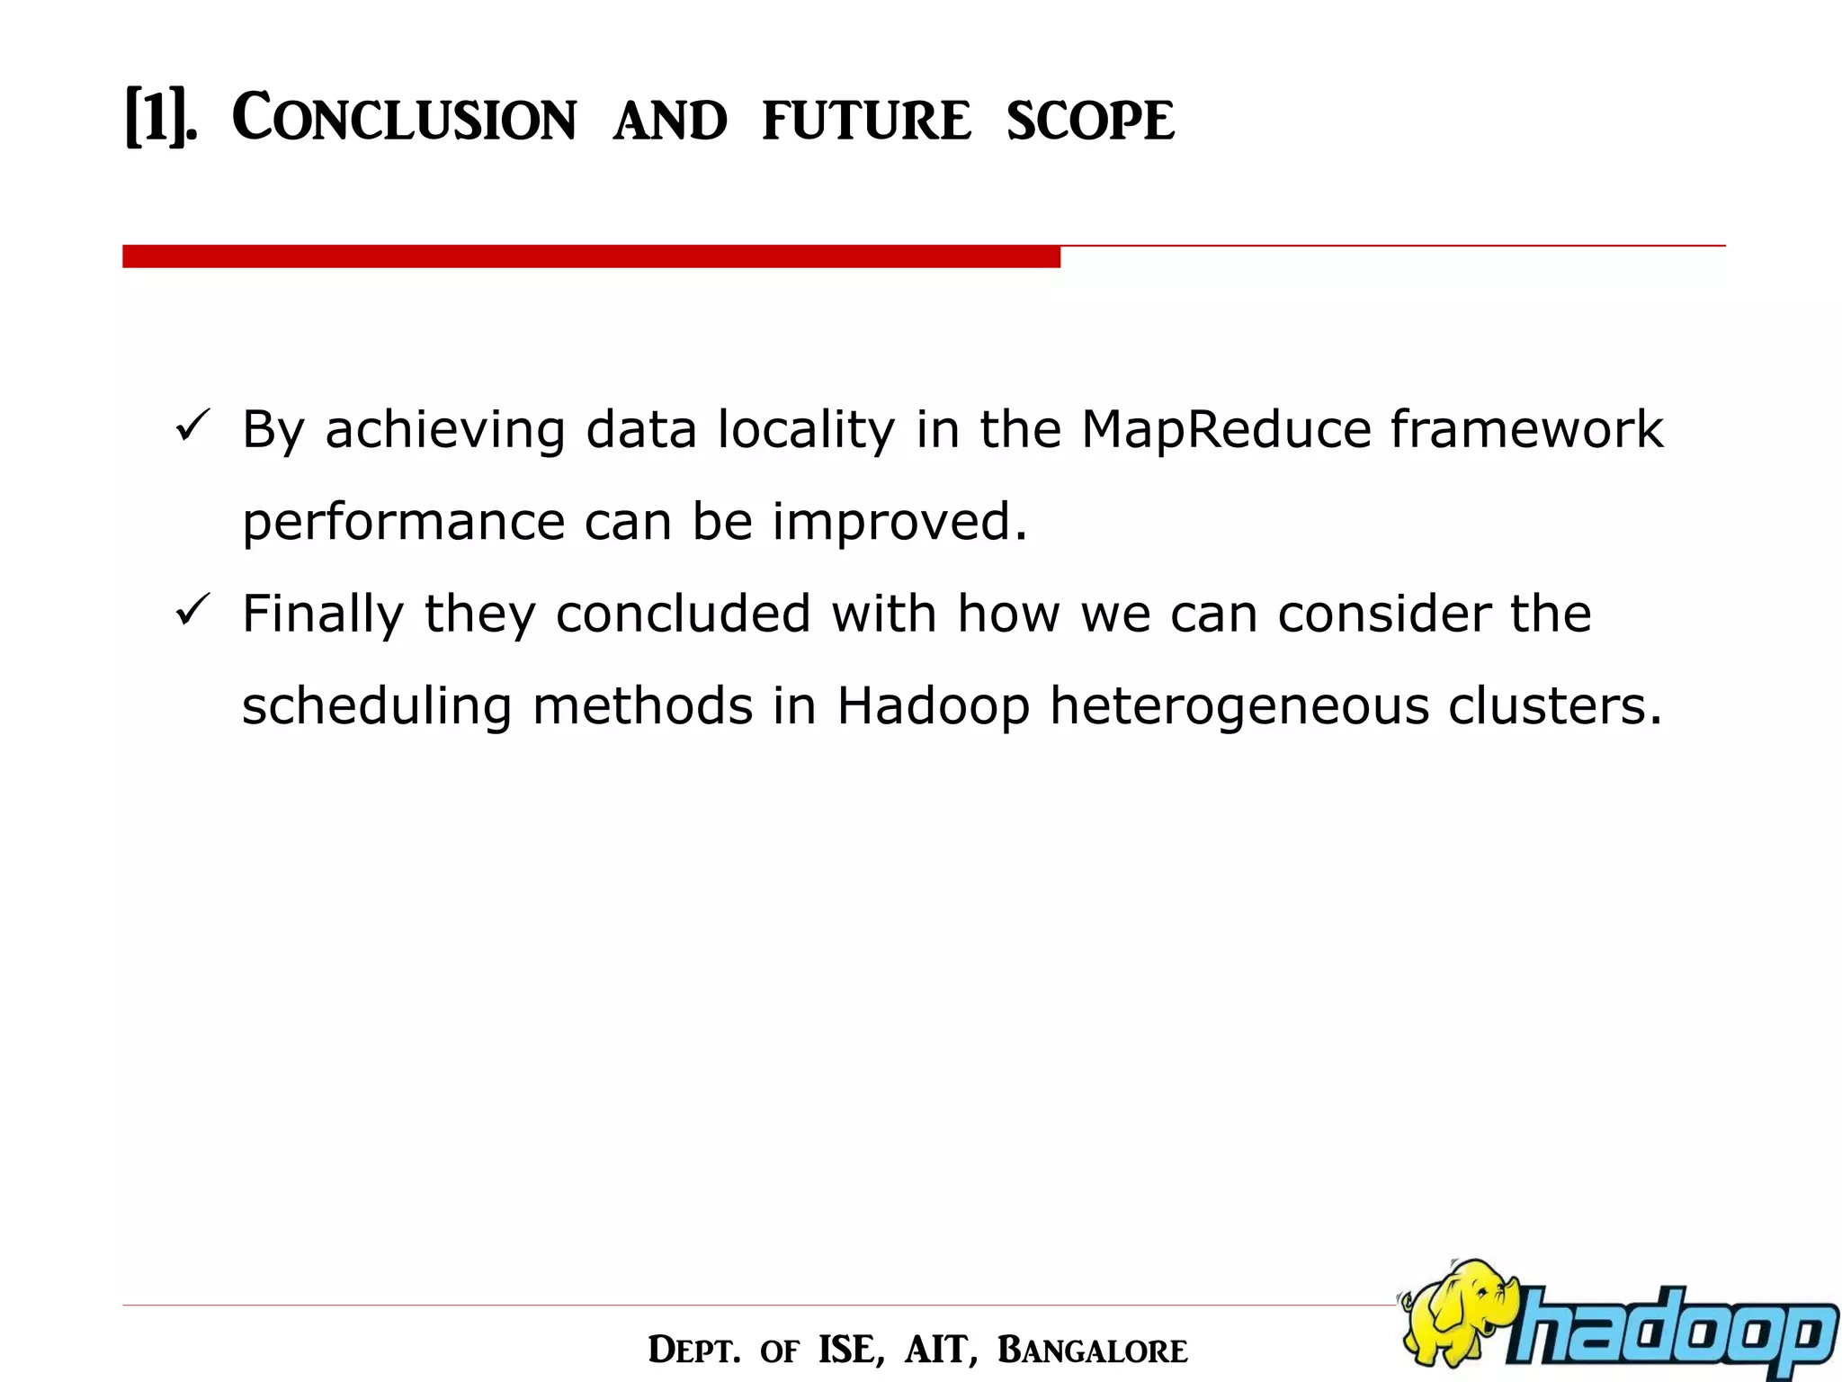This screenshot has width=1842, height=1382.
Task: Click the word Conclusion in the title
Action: tap(404, 119)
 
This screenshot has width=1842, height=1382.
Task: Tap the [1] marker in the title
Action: tap(158, 119)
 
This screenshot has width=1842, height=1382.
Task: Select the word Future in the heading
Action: tap(866, 121)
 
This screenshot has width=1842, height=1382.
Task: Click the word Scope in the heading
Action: tap(1090, 121)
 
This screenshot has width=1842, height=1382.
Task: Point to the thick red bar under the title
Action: tap(591, 256)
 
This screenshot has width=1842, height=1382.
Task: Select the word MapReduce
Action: tap(1225, 429)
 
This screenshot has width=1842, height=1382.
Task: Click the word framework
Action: tap(1526, 429)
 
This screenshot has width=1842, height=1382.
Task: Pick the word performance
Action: tap(403, 523)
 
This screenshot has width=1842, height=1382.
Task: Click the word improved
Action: tap(899, 523)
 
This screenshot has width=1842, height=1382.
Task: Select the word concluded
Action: tap(683, 615)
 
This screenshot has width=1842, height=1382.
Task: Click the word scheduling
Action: tap(377, 707)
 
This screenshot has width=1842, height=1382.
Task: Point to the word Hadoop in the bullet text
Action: tap(933, 706)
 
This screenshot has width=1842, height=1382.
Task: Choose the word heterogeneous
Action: tap(1239, 707)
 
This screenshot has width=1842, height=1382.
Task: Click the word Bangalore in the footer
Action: tap(1092, 1351)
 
